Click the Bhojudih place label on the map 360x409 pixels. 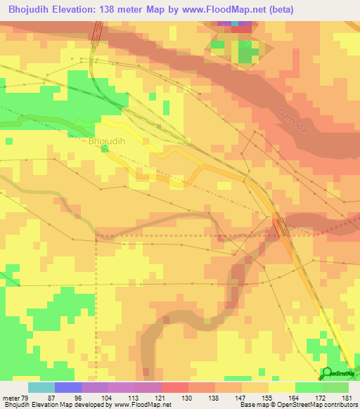107,141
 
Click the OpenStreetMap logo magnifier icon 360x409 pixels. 327,373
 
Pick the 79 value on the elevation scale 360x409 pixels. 26,398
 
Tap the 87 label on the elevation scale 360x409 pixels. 51,398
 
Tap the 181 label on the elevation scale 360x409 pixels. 345,398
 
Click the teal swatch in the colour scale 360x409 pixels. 41,387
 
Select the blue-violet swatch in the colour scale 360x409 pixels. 67,387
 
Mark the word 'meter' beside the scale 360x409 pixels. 10,398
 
